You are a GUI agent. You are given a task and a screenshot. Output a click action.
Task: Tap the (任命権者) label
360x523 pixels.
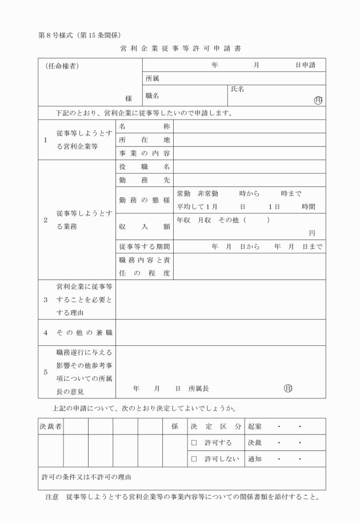point(62,66)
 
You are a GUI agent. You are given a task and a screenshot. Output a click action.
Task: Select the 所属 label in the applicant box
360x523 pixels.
point(153,79)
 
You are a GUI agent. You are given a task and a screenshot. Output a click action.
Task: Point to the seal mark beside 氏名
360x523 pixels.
point(318,100)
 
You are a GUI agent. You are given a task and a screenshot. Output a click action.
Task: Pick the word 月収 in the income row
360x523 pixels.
point(205,220)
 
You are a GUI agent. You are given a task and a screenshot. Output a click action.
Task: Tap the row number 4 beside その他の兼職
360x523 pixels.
point(46,332)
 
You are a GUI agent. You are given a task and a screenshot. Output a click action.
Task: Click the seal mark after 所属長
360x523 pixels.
point(288,388)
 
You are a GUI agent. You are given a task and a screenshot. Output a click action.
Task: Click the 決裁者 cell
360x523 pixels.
point(50,426)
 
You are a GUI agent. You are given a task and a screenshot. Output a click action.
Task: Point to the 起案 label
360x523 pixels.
point(255,426)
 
